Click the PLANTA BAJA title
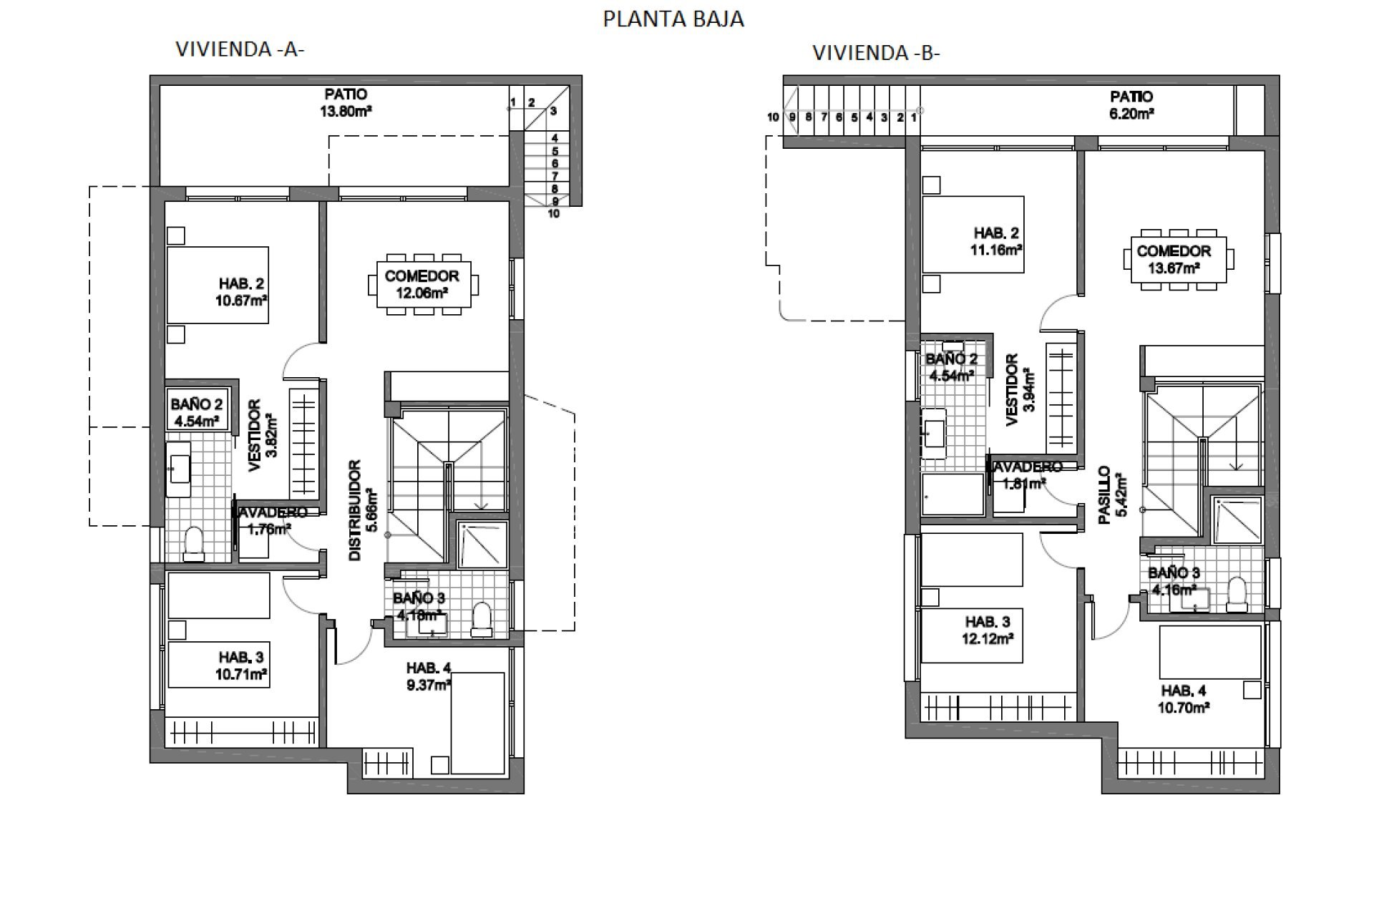point(673,19)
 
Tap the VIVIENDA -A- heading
point(240,49)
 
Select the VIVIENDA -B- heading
point(876,53)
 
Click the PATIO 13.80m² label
point(346,102)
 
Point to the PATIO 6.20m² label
point(1131,104)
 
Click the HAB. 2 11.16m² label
point(995,242)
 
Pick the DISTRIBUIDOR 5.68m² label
point(361,510)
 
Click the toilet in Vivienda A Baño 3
point(482,620)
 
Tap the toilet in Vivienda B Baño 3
point(1236,595)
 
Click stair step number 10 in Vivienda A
point(554,213)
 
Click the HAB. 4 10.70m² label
point(1184,699)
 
